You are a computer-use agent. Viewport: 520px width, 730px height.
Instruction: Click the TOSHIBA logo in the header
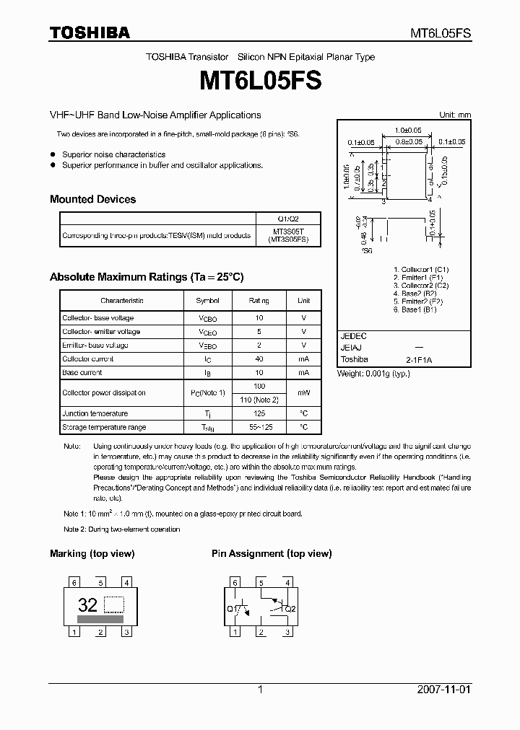click(90, 32)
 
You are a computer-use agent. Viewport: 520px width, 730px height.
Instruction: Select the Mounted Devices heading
click(92, 199)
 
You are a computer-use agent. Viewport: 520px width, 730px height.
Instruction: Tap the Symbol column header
click(207, 300)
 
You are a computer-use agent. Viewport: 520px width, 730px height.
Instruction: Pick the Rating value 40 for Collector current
click(259, 359)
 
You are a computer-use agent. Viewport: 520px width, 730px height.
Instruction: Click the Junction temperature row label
click(95, 413)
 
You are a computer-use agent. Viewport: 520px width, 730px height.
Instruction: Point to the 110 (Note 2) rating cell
click(259, 400)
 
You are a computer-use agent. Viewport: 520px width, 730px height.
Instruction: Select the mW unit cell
click(303, 393)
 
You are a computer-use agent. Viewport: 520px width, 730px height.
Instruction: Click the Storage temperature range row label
click(104, 427)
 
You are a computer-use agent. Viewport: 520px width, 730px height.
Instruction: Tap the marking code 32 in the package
click(87, 604)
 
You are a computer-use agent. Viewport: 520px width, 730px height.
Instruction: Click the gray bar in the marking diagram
click(100, 619)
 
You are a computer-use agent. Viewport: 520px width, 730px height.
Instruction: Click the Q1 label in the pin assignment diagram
click(231, 609)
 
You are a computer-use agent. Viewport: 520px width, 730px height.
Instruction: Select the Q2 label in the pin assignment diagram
click(290, 609)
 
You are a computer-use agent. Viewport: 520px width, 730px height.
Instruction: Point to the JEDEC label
click(353, 336)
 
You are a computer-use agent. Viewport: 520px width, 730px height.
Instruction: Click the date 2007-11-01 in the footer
click(443, 690)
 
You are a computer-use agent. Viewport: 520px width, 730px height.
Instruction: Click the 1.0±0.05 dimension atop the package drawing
click(408, 130)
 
